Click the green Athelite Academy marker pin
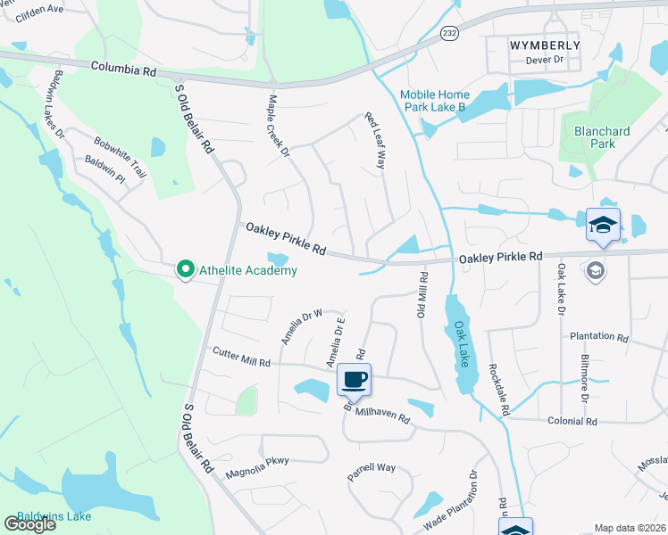click(x=186, y=268)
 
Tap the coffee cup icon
click(x=355, y=380)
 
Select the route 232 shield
click(x=451, y=32)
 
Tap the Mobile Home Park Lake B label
click(x=433, y=101)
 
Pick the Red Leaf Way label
click(x=374, y=141)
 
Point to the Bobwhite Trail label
click(x=120, y=157)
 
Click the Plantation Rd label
click(x=599, y=337)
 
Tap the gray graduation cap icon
click(x=596, y=269)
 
